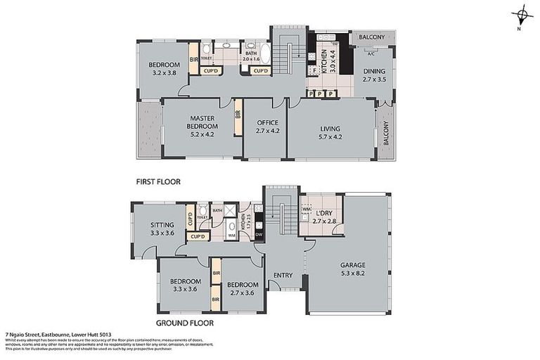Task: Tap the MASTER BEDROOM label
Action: [200, 122]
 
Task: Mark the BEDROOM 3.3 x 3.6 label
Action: [184, 285]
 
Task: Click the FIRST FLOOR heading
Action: [158, 181]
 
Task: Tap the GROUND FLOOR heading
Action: [184, 323]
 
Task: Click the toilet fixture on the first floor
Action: [206, 51]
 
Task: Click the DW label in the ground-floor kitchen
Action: [259, 234]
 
